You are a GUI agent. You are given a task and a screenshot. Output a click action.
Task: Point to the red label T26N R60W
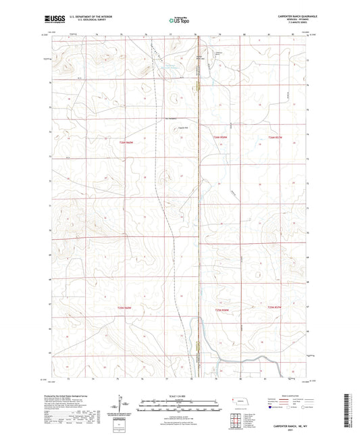[125, 142]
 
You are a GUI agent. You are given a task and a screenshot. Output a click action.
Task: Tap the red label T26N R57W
[274, 138]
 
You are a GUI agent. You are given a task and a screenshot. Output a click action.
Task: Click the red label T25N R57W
[274, 309]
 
